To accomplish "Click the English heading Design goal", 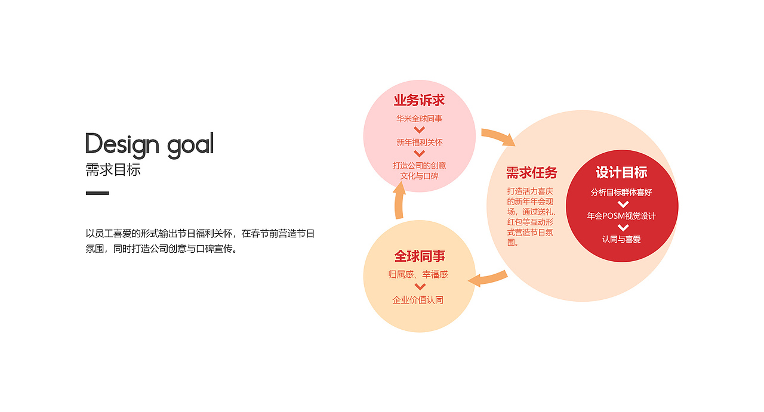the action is (149, 145).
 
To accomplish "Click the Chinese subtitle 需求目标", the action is (113, 170).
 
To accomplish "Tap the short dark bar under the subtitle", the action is (97, 193).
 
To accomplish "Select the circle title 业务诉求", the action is (419, 100).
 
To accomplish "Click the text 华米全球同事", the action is (419, 119).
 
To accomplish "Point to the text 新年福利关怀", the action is (419, 142).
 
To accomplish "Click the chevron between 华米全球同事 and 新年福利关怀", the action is (419, 130).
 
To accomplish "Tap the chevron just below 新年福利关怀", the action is (419, 153).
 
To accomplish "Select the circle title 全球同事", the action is (420, 256).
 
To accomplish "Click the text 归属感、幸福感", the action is (418, 274).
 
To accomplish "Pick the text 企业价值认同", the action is (418, 300).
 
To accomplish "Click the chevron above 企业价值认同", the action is (420, 287).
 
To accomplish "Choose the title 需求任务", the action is (531, 172).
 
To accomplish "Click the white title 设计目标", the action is (621, 172).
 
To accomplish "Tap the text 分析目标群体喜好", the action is (621, 192).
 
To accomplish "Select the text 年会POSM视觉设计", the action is (621, 216).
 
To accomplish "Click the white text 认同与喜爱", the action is (621, 239).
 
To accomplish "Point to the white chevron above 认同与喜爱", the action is (623, 228).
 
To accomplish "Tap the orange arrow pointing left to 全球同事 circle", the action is (488, 280).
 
